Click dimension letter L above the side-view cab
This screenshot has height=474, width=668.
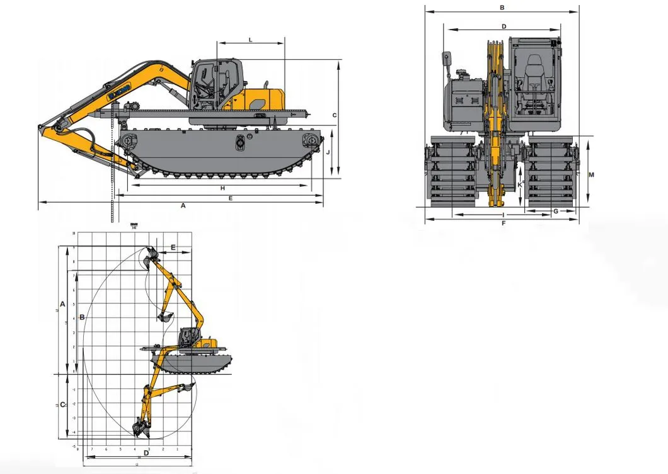[250, 40]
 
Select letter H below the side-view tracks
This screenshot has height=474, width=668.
[222, 188]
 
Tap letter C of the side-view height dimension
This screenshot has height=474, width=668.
[335, 115]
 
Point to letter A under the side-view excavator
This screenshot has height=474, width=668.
[183, 205]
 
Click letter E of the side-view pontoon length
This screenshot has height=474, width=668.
[231, 198]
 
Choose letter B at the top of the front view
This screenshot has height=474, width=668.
[502, 8]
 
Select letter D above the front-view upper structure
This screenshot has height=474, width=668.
[504, 26]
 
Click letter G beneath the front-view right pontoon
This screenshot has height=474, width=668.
[555, 211]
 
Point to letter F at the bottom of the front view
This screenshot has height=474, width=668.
[504, 223]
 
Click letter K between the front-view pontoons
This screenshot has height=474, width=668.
[520, 183]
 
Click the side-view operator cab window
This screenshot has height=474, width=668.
[208, 81]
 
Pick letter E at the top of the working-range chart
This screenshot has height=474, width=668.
[173, 247]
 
